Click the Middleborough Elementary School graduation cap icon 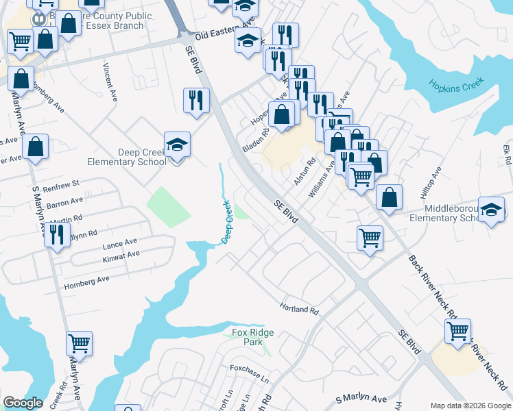(x=491, y=210)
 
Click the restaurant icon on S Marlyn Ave (x=57, y=234)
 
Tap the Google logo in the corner (x=23, y=403)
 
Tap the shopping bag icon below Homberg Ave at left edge (x=35, y=146)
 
